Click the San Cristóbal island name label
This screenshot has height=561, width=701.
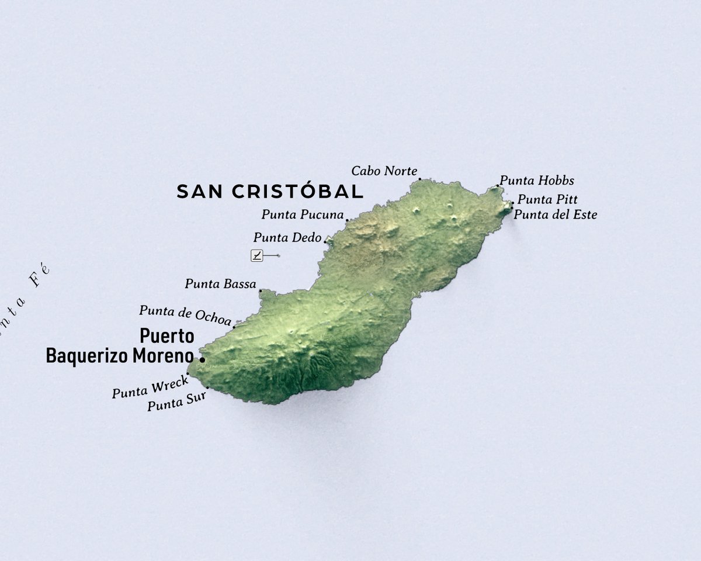pos(270,191)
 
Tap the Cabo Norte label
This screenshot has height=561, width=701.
pos(384,171)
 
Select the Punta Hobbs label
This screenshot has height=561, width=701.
pos(537,181)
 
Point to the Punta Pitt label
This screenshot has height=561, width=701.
pos(547,199)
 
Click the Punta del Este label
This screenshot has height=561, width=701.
pos(555,214)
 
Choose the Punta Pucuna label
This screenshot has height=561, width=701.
pos(302,214)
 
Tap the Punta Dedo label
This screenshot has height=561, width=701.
pos(287,238)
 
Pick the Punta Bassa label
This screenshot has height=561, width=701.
pos(220,284)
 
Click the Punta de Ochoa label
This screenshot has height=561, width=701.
pos(185,314)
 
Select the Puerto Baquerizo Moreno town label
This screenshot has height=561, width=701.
pos(120,346)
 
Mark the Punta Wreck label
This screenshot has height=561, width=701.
pos(150,387)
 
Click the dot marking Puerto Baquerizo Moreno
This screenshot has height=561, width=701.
pos(202,359)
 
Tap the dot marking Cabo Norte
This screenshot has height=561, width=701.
pos(419,179)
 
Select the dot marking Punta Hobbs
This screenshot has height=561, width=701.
pos(498,186)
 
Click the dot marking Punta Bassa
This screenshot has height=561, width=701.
pos(260,290)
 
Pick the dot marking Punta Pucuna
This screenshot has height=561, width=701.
pos(347,220)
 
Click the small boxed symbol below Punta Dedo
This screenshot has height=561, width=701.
pos(257,255)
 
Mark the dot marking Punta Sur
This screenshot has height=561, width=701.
pos(207,387)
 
